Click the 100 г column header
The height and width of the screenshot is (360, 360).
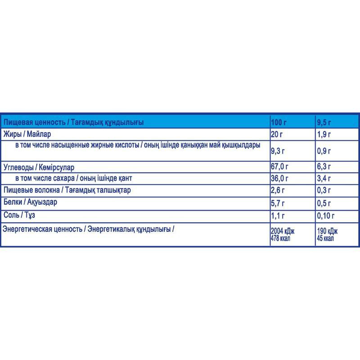279,122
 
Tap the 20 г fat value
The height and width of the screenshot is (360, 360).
277,134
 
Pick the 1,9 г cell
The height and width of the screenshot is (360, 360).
324,134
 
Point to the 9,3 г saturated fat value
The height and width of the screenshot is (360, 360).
279,151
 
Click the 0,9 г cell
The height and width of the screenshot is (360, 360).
324,151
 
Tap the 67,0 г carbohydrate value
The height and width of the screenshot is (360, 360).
280,166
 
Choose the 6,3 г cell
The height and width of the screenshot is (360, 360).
324,166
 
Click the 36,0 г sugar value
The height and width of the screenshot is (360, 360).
280,178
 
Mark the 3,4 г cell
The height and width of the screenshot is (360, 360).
324,178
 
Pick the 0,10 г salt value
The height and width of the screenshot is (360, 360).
325,215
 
